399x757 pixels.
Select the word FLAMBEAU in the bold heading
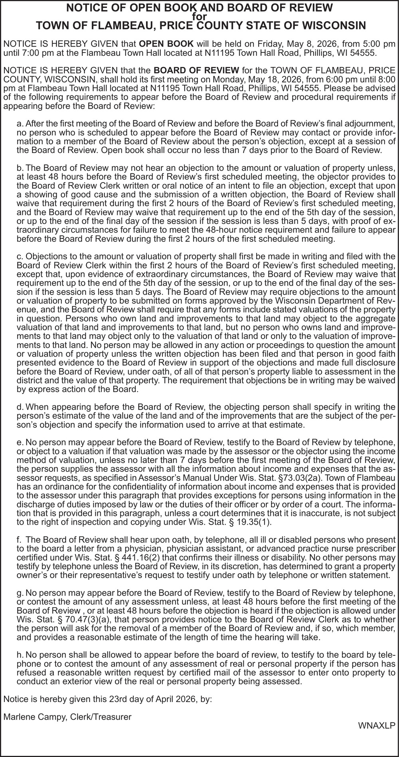pyautogui.click(x=117, y=26)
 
